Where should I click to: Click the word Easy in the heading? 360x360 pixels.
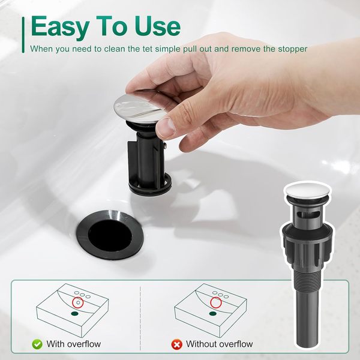[60, 26]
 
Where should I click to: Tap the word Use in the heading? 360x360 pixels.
[157, 26]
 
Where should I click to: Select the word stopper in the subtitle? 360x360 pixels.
[293, 49]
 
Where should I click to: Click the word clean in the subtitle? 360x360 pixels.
[113, 49]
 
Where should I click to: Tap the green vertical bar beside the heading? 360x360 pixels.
[23, 35]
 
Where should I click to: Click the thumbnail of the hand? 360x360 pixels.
[167, 127]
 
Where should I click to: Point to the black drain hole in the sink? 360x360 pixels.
[110, 235]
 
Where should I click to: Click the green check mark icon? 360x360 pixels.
[37, 344]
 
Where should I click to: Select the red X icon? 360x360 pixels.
[177, 344]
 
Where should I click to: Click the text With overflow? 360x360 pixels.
[73, 344]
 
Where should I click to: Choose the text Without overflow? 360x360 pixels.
[219, 344]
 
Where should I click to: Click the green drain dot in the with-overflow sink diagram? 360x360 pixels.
[74, 313]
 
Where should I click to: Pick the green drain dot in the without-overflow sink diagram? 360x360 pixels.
[213, 313]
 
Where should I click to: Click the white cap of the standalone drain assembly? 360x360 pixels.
[307, 191]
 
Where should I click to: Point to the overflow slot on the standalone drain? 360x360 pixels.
[308, 215]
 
